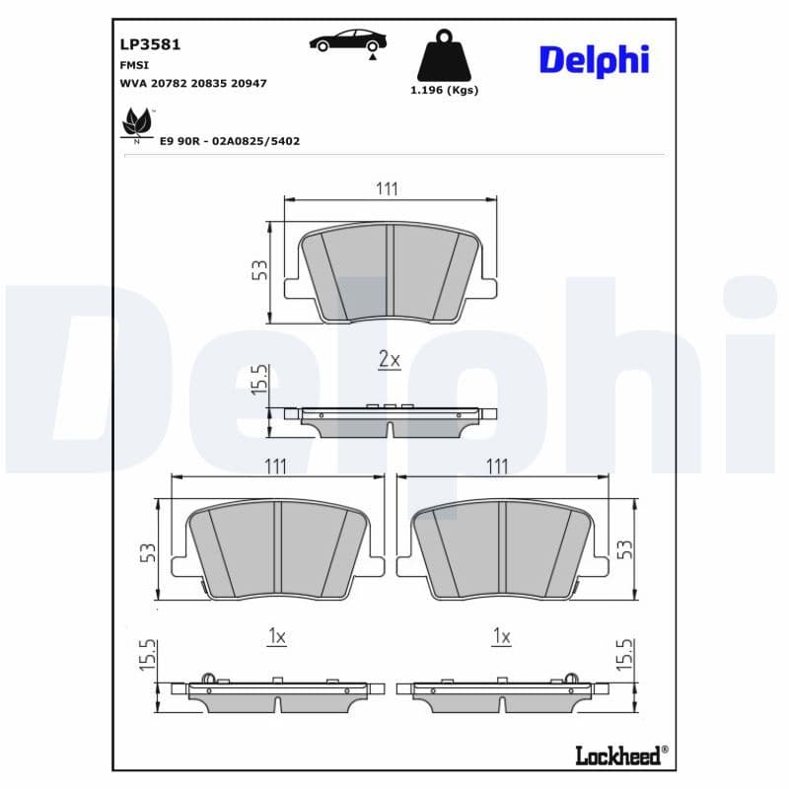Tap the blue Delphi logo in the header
pyautogui.click(x=594, y=59)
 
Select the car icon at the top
pyautogui.click(x=348, y=40)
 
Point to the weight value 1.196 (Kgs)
pyautogui.click(x=444, y=90)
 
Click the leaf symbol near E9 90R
pyautogui.click(x=135, y=124)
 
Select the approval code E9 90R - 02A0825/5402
pyautogui.click(x=229, y=141)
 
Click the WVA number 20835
pyautogui.click(x=207, y=84)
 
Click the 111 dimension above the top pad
pyautogui.click(x=387, y=188)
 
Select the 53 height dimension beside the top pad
pyautogui.click(x=259, y=270)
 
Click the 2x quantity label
pyautogui.click(x=390, y=360)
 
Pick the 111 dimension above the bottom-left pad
pyautogui.click(x=275, y=466)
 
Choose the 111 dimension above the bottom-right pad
pyautogui.click(x=498, y=466)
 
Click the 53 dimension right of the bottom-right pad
pyautogui.click(x=623, y=548)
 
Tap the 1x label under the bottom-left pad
pyautogui.click(x=276, y=637)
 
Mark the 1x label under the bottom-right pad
pyautogui.click(x=501, y=637)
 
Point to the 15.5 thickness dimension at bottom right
pyautogui.click(x=623, y=656)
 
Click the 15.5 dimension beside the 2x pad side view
pyautogui.click(x=259, y=380)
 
